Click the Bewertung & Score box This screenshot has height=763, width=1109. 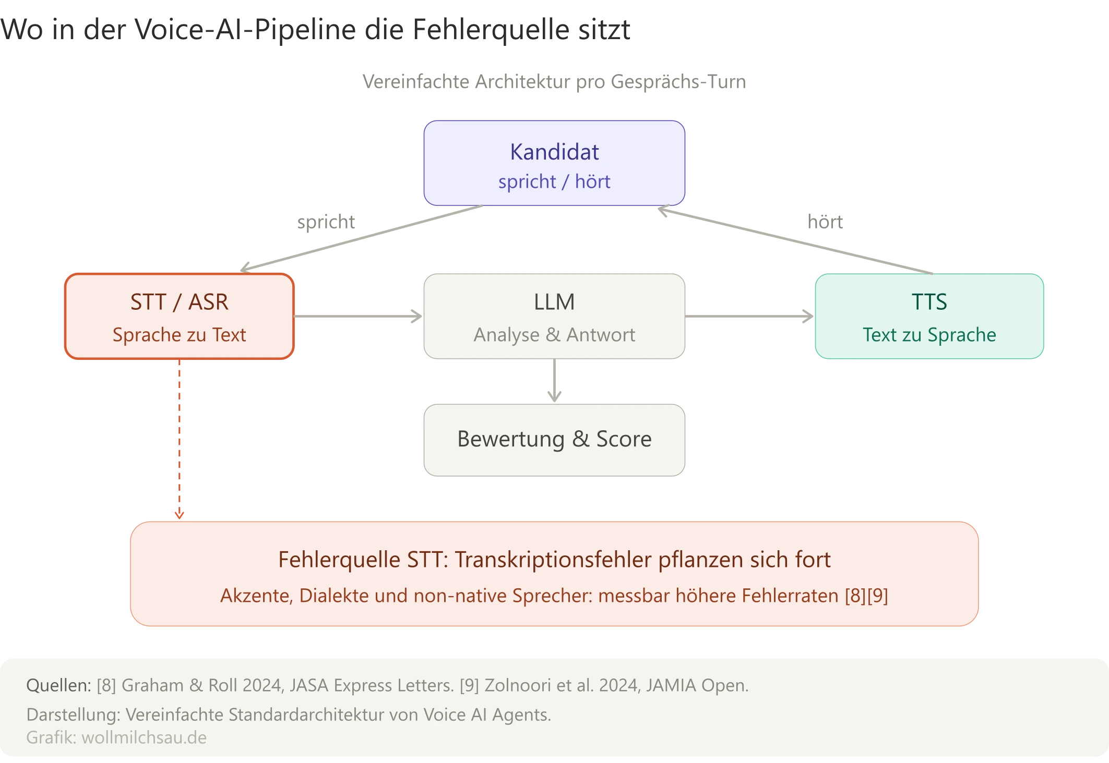(554, 439)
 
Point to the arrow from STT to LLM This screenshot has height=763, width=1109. (359, 317)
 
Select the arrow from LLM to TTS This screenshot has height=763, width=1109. (749, 317)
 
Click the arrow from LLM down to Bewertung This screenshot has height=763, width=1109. (554, 382)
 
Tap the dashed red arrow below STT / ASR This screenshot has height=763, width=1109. (179, 438)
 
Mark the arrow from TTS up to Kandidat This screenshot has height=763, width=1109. (793, 240)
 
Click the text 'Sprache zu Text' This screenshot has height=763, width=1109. (179, 335)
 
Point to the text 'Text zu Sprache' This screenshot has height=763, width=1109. (929, 335)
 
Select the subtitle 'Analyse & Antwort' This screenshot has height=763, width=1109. (554, 335)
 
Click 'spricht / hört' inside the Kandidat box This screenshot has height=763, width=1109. (554, 181)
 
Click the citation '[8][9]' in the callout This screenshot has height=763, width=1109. (866, 596)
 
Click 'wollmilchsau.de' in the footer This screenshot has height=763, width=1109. (144, 737)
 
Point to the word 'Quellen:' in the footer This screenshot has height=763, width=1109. (58, 685)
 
